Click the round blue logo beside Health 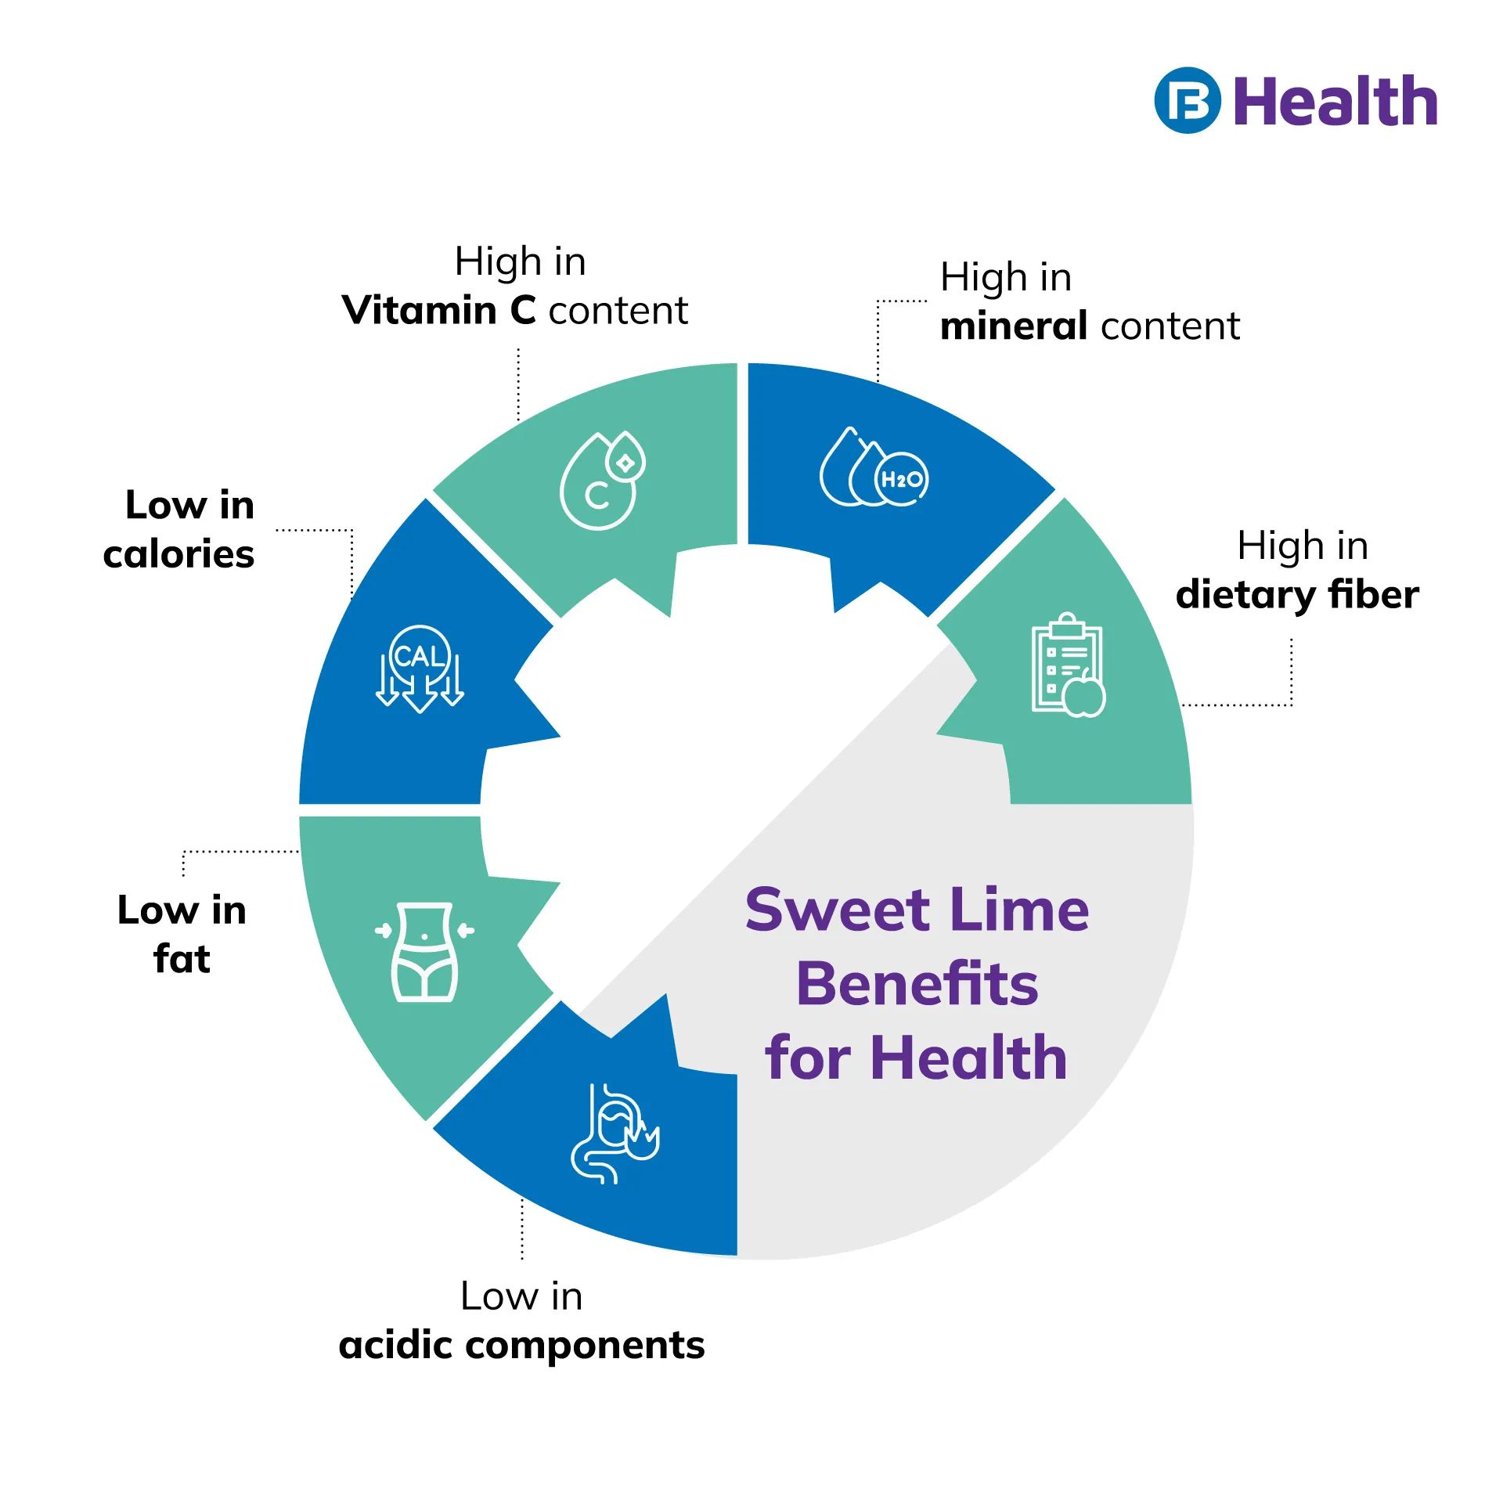point(1187,100)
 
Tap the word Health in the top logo point(1335,102)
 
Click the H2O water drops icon point(873,469)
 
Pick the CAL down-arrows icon point(420,669)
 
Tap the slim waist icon point(424,952)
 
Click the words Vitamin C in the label point(439,311)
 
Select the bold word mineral point(1014,326)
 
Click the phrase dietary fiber point(1296,594)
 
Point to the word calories point(178,554)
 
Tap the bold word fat point(182,959)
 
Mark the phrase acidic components point(521,1345)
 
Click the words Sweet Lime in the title point(917,910)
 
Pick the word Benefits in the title point(917,984)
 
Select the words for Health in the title point(917,1058)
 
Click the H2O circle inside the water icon point(902,479)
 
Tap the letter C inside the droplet point(597,495)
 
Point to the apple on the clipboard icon point(1084,697)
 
